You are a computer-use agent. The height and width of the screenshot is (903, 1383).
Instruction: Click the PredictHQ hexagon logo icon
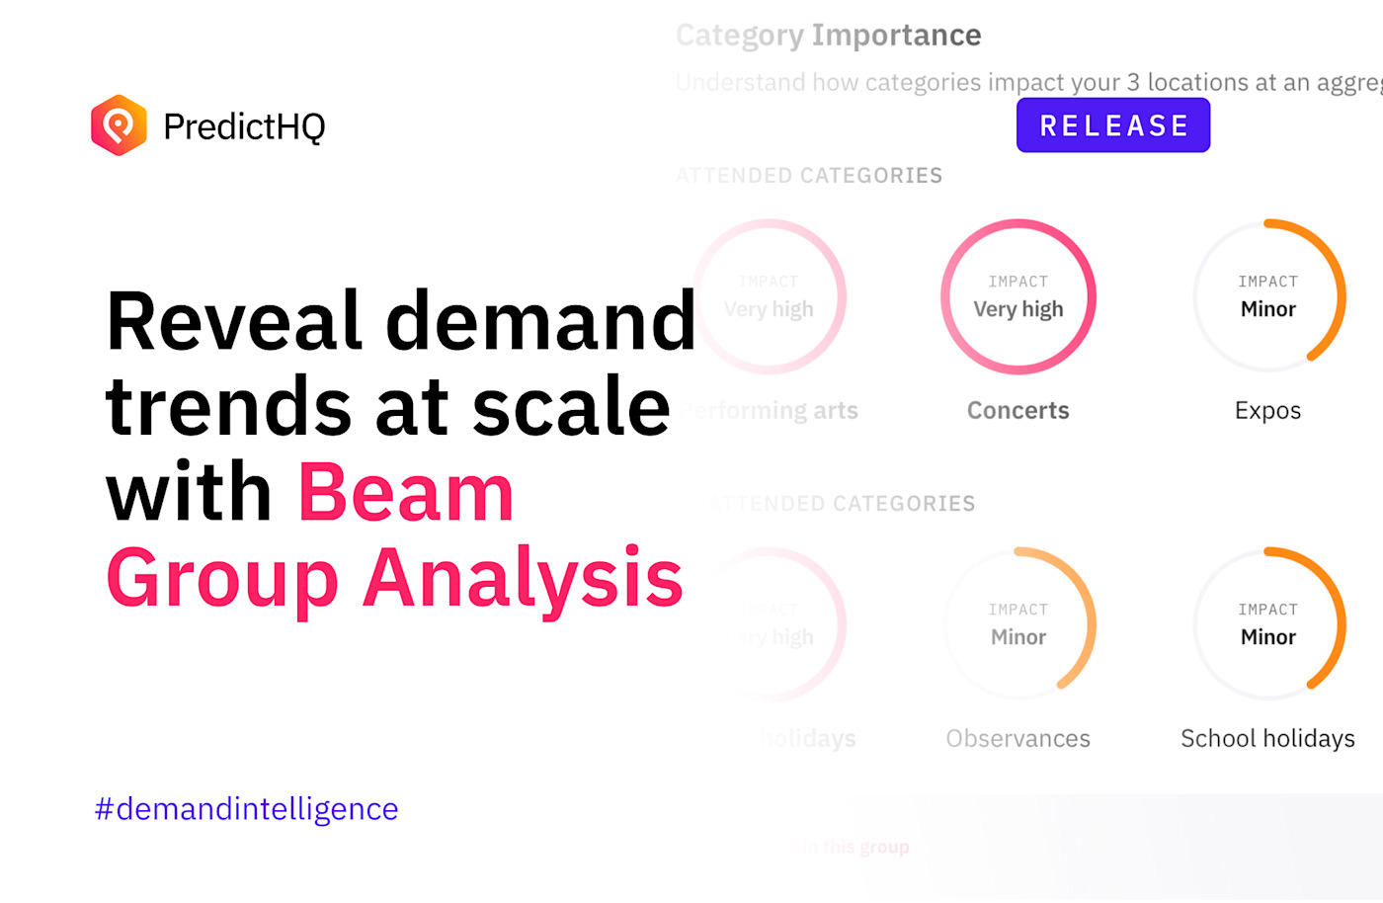tap(119, 125)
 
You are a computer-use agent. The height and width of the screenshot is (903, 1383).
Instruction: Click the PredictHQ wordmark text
tap(244, 126)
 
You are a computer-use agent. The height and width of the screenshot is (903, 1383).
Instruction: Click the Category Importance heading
tap(828, 36)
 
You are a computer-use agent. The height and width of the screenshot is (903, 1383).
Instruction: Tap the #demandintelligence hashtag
tap(246, 809)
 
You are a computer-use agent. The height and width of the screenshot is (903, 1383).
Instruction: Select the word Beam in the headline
tap(406, 493)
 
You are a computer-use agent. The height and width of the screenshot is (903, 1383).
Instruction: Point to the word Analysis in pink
tap(523, 578)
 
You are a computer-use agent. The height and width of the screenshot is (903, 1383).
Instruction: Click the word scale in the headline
tap(571, 407)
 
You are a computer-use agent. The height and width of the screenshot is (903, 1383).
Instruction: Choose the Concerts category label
tap(1017, 411)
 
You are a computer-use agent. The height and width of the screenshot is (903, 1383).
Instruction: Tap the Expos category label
tap(1267, 411)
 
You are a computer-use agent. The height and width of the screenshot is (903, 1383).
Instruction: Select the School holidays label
tap(1267, 739)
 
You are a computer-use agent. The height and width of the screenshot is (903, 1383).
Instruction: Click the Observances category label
tap(1017, 739)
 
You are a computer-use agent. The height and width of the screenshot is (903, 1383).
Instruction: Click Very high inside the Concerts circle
tap(1017, 309)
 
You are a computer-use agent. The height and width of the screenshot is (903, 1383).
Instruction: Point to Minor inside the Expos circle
tap(1267, 309)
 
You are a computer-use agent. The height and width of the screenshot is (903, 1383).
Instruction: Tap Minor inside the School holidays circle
tap(1267, 637)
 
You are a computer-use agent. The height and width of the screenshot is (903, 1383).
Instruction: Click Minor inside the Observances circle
tap(1017, 637)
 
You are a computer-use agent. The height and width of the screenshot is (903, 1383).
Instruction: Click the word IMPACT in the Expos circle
tap(1267, 282)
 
